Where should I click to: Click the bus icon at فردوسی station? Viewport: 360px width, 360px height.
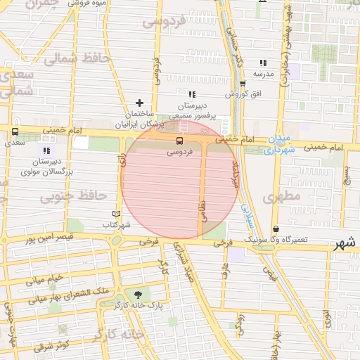[178, 141]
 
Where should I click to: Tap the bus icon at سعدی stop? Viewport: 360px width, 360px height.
[15, 131]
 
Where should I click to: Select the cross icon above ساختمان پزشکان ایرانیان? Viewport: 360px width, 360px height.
[139, 103]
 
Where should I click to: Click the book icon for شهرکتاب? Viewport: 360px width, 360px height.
[117, 214]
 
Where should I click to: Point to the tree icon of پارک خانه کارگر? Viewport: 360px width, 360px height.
[136, 295]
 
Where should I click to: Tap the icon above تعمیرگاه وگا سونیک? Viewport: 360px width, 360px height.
[276, 229]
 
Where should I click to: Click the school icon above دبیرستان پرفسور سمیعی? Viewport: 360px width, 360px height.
[191, 94]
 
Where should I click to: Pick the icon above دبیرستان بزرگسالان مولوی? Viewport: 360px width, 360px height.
[46, 150]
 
